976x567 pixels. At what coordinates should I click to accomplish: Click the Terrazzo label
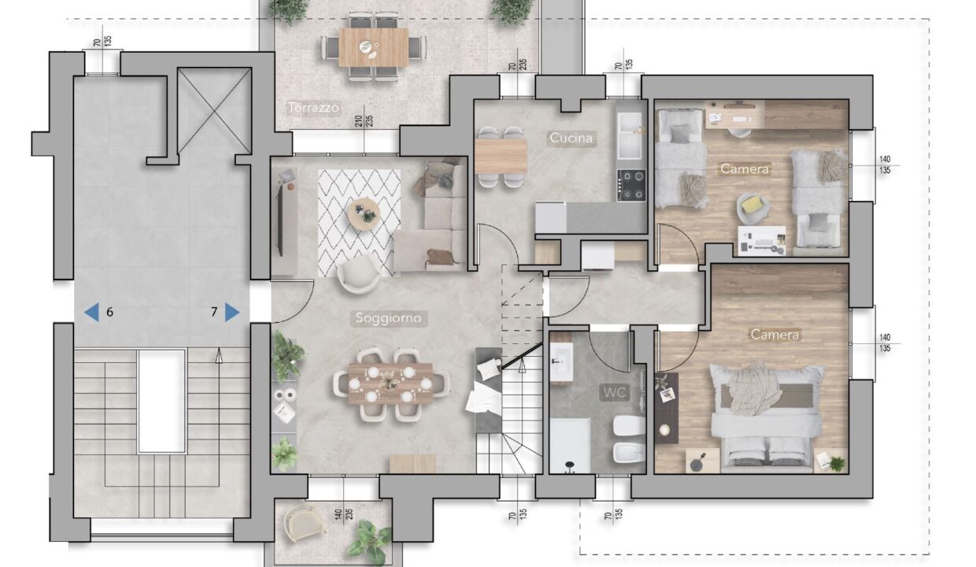(x=313, y=107)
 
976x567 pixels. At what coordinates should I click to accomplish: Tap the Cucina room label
(x=571, y=138)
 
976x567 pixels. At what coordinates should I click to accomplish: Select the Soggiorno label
(x=388, y=317)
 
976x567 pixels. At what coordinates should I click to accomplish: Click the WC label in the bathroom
(x=615, y=393)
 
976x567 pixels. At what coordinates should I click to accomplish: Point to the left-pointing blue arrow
(x=91, y=312)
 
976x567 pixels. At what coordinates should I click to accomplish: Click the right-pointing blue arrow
(x=232, y=312)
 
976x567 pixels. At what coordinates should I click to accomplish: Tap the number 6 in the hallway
(x=110, y=312)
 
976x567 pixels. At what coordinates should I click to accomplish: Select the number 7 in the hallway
(x=214, y=312)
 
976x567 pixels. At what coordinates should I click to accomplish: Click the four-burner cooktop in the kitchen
(x=631, y=185)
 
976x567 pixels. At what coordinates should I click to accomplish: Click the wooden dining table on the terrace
(x=374, y=47)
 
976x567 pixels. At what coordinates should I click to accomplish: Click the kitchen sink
(x=630, y=136)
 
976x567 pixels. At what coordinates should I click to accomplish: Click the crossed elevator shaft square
(x=214, y=111)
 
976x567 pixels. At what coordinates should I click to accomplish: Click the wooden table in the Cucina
(x=501, y=156)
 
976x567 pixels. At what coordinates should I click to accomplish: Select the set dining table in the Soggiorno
(x=390, y=383)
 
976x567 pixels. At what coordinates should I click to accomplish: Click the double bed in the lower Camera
(x=767, y=418)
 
